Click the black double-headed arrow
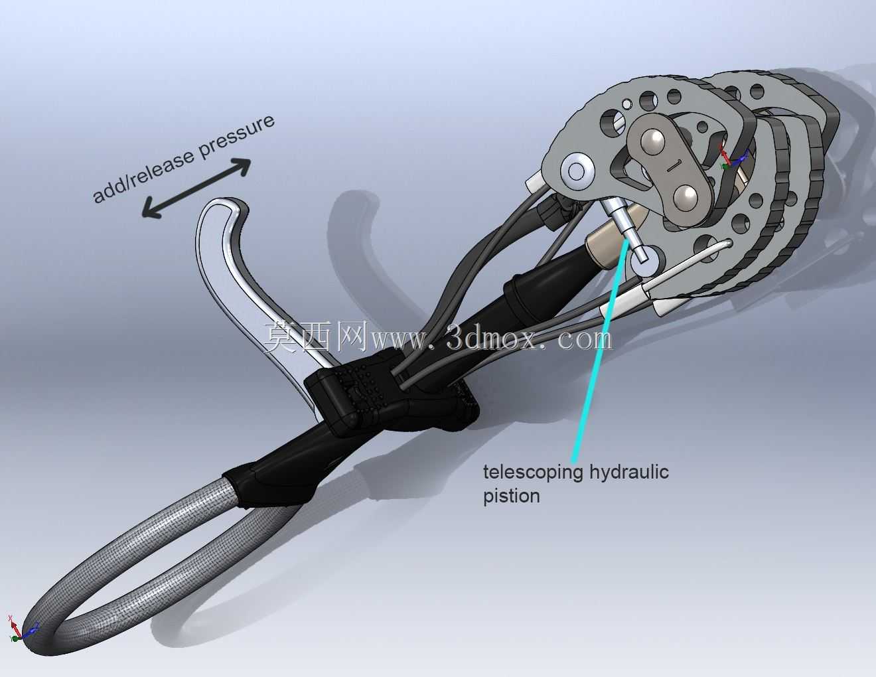click(x=196, y=188)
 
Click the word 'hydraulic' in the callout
click(x=629, y=471)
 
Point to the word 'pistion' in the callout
click(x=511, y=496)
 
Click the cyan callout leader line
click(x=600, y=350)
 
